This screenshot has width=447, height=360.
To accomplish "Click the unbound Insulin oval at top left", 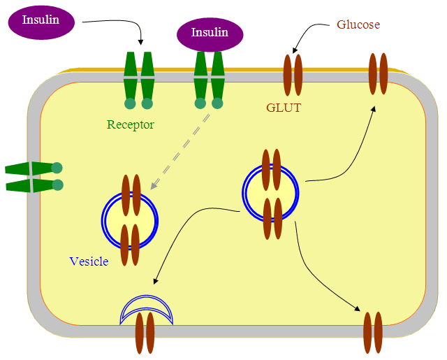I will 41,20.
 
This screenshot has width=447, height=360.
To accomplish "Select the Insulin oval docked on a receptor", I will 210,34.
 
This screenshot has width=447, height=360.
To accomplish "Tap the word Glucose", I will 358,24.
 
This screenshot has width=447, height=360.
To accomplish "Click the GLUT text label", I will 284,108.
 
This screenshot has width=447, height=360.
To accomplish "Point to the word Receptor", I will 130,125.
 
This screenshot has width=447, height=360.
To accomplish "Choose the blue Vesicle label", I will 89,261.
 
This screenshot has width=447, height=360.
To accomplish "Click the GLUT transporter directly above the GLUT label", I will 292,74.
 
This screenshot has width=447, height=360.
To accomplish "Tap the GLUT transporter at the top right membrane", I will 378,73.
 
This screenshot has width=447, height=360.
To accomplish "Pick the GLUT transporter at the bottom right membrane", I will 373,332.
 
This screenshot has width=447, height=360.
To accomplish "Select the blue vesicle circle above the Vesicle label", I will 131,220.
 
